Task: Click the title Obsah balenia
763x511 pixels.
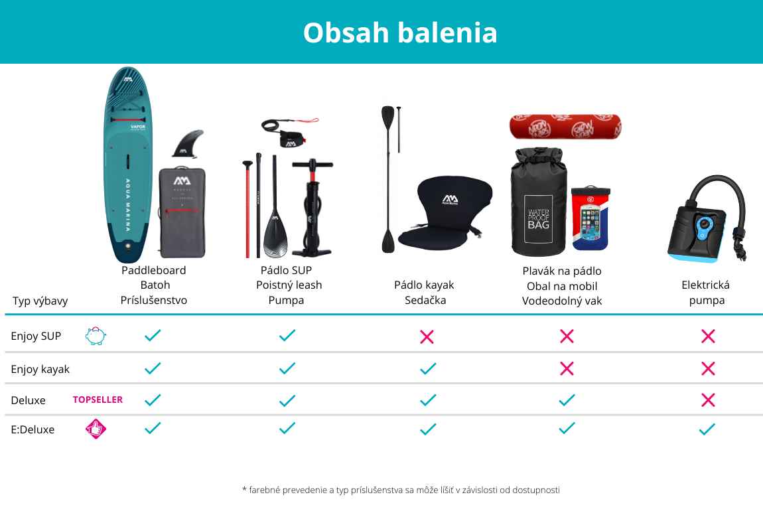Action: point(400,33)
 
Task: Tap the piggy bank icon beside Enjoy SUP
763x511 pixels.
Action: point(96,336)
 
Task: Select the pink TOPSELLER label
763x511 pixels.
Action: point(98,400)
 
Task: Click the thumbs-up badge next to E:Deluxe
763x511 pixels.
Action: point(96,429)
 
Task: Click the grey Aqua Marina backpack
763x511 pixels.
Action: point(182,212)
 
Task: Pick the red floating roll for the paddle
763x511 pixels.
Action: point(565,127)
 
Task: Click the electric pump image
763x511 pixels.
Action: point(707,219)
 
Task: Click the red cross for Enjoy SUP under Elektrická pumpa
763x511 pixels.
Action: point(708,336)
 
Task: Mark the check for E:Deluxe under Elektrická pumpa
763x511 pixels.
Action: point(707,429)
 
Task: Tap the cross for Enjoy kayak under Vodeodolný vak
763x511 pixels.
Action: point(567,368)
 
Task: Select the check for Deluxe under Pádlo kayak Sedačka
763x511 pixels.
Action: point(428,400)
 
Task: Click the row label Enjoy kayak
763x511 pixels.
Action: point(40,370)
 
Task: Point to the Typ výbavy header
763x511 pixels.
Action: point(40,301)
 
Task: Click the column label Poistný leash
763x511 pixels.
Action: point(289,285)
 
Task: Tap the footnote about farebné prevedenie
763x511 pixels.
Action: point(401,490)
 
